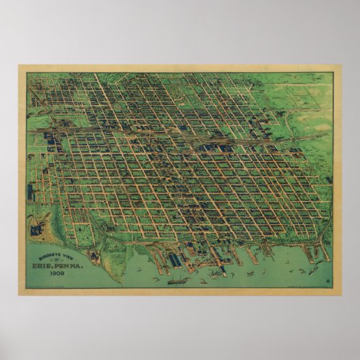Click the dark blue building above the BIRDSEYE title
coord(37,228)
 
